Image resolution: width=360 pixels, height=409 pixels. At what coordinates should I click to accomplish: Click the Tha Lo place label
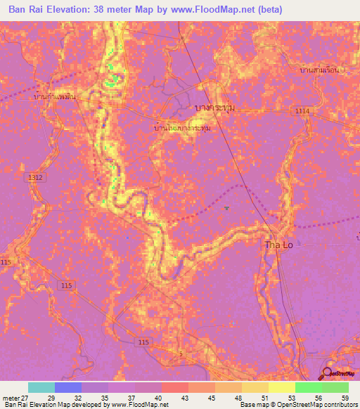pos(278,245)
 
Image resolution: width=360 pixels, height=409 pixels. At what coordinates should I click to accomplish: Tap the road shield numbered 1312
pos(36,178)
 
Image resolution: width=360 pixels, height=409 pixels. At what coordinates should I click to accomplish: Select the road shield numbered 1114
pos(302,111)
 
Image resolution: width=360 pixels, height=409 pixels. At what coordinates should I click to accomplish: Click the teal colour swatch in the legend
pos(41,387)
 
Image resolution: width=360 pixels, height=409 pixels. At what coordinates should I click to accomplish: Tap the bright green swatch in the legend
pos(308,387)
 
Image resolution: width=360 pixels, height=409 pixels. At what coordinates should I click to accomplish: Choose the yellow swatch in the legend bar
pos(281,387)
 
